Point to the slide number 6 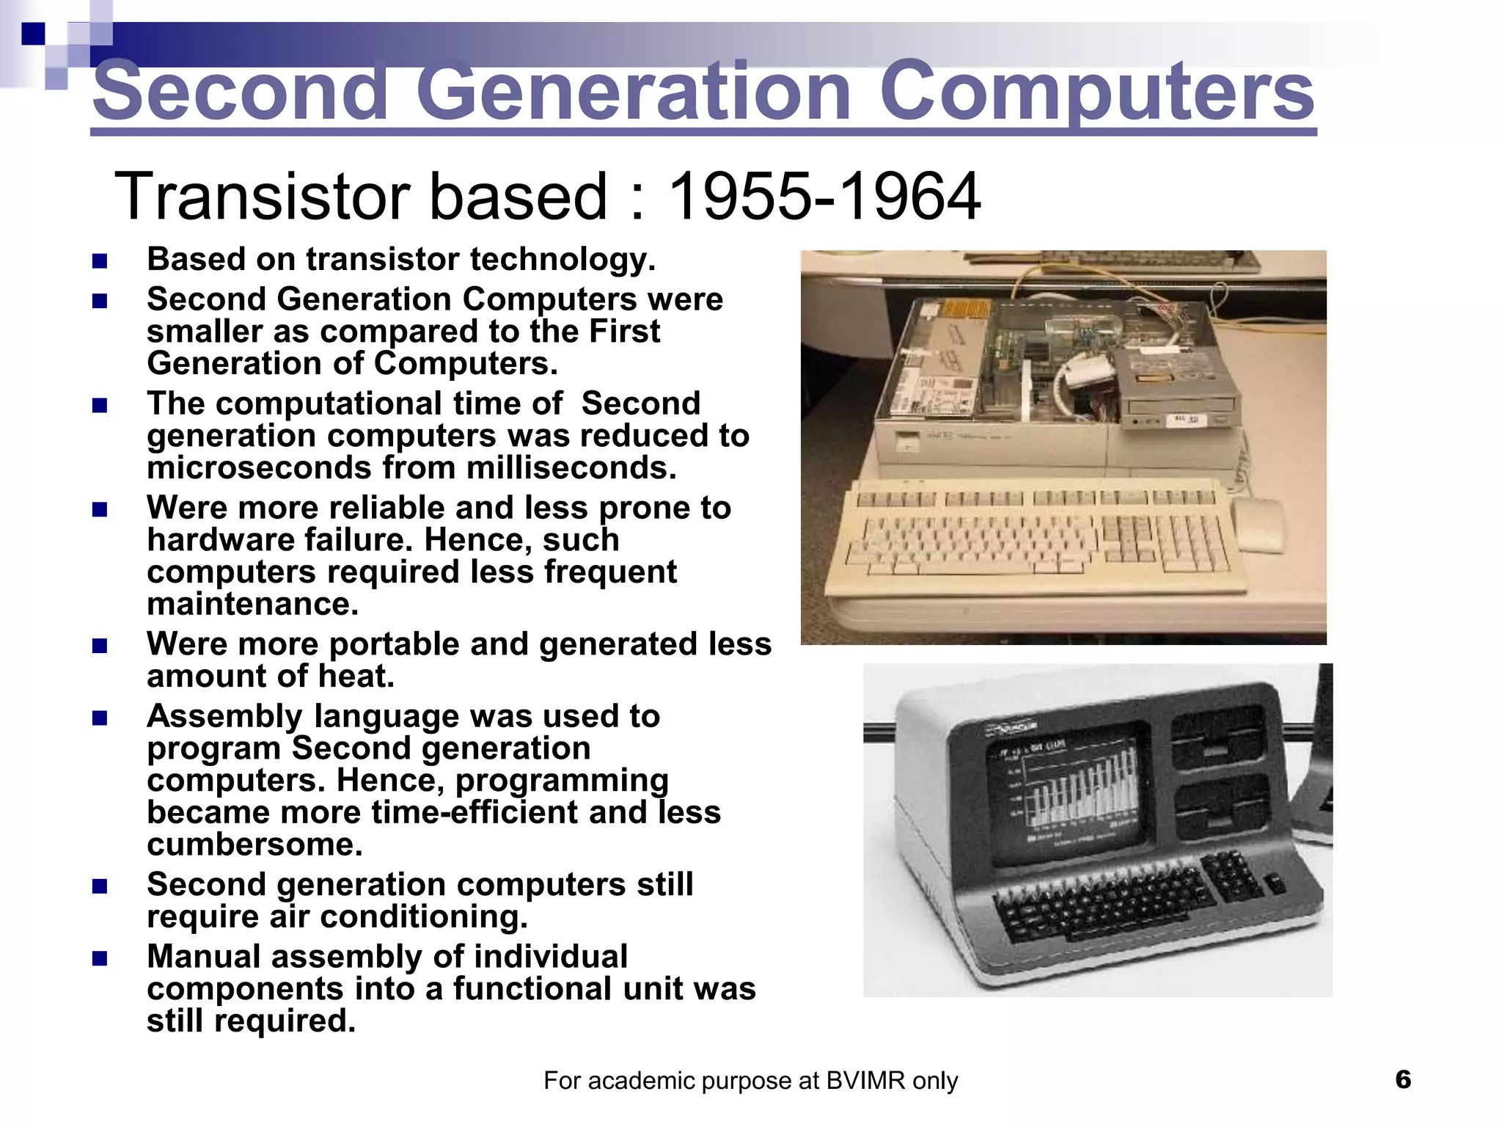(x=1403, y=1079)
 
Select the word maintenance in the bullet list (x=253, y=605)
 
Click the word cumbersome (x=254, y=845)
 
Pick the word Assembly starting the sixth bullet (x=224, y=717)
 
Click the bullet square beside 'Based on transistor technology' (x=100, y=261)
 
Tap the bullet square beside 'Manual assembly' (x=100, y=958)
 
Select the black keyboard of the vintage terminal (x=1129, y=899)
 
